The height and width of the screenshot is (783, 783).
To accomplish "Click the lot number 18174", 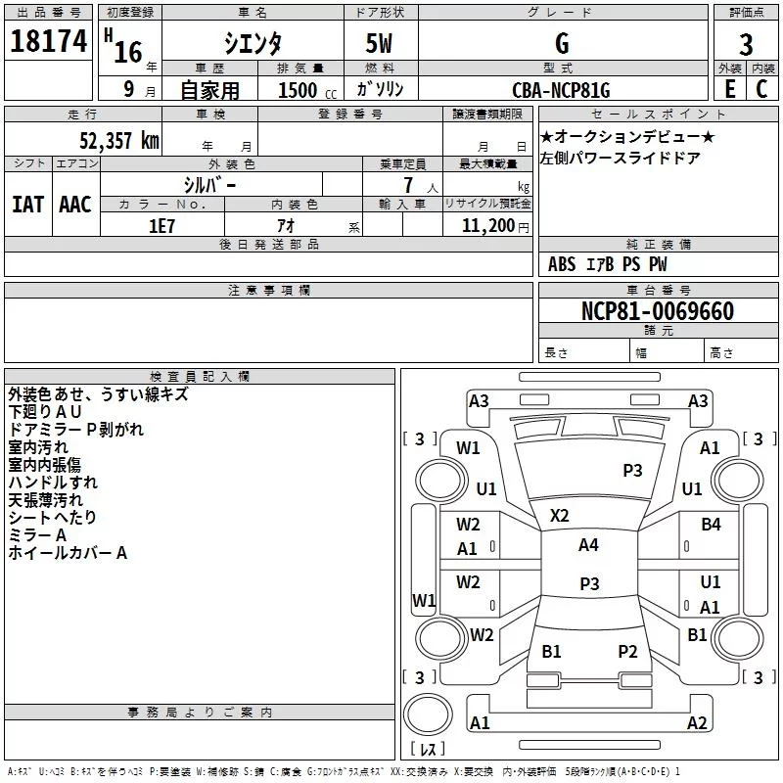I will click(x=48, y=41).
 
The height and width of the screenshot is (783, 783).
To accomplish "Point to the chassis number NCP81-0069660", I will click(x=657, y=312).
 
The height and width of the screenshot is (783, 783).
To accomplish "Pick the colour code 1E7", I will click(x=161, y=225).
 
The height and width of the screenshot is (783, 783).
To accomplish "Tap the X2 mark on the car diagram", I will click(x=560, y=515).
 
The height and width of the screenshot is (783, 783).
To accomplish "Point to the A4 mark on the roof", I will click(x=588, y=545).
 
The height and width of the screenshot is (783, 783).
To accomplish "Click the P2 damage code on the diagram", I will click(x=627, y=651).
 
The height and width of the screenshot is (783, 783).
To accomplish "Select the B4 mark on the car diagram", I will click(x=711, y=525).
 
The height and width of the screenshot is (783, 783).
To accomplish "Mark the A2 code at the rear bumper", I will click(x=697, y=723).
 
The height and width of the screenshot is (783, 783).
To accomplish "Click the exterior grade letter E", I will click(x=729, y=89).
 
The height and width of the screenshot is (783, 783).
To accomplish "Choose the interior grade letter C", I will click(x=761, y=89).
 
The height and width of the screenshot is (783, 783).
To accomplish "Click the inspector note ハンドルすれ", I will click(x=53, y=483).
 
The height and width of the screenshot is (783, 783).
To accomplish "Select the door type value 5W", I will click(x=381, y=42).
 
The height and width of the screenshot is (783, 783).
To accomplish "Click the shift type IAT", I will click(x=27, y=205).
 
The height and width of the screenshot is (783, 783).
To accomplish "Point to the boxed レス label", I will click(x=427, y=750).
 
